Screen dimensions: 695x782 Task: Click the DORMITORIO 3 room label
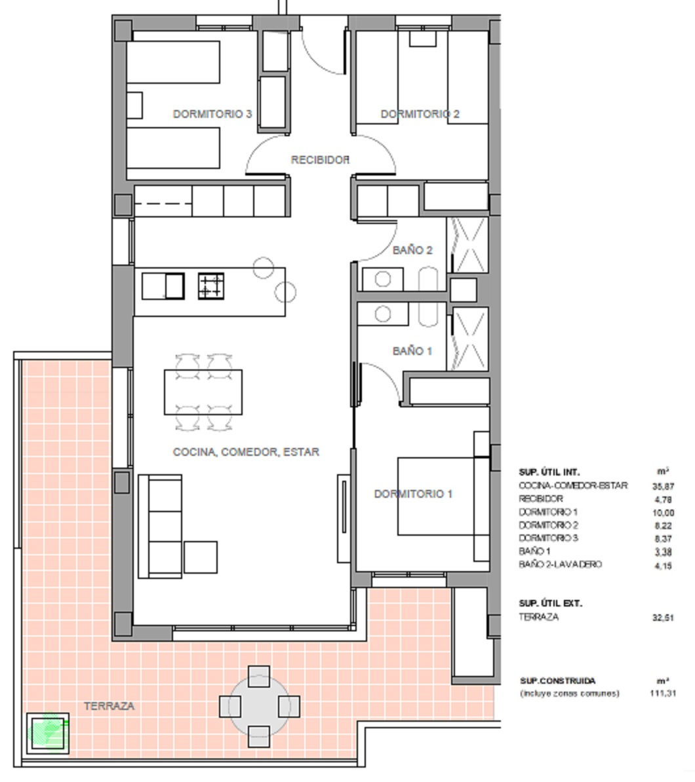coord(212,114)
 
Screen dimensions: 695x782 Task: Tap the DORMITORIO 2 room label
coord(420,114)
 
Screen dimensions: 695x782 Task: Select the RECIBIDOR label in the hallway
coord(320,160)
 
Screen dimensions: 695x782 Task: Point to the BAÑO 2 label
coord(412,250)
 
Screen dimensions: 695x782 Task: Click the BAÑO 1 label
coord(412,351)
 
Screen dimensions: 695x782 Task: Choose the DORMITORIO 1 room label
coord(414,494)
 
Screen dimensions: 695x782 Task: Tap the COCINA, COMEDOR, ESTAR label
coord(246,452)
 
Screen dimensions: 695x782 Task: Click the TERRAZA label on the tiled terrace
coord(109,705)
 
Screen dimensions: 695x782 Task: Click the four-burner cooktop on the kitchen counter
coord(210,286)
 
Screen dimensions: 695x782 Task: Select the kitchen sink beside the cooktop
coord(163,286)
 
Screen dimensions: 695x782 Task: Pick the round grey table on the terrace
coord(259,706)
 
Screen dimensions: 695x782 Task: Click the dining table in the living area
coord(203,392)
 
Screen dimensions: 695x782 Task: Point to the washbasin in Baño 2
coord(383,279)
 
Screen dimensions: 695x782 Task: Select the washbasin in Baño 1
coord(383,314)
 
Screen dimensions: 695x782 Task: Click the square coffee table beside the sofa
coord(201,557)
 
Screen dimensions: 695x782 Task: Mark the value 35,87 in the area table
coord(663,486)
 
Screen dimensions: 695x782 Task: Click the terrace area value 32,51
coord(663,618)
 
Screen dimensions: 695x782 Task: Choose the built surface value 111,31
coord(663,693)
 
